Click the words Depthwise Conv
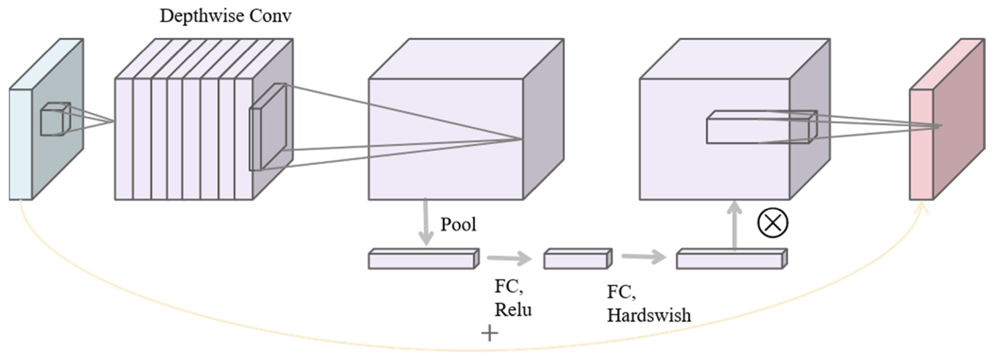(x=225, y=16)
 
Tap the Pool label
(x=458, y=224)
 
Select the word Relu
(x=513, y=310)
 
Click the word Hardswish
(x=649, y=315)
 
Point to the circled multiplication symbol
(x=773, y=222)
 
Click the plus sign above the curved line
(x=490, y=333)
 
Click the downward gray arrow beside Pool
(x=426, y=222)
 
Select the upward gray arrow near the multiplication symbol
(x=734, y=225)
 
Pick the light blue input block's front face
(x=20, y=144)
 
